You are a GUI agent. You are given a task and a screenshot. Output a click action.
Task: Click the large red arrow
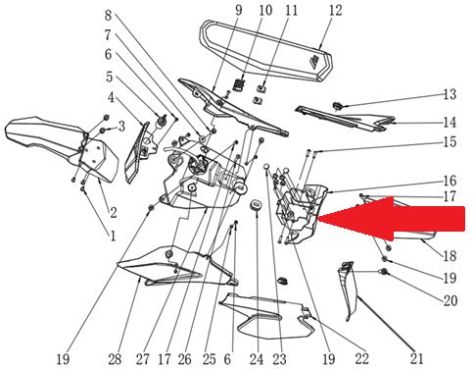(x=392, y=219)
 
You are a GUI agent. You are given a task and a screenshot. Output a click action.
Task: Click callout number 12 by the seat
(x=336, y=11)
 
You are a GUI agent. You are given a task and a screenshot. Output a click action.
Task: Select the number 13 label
(x=450, y=94)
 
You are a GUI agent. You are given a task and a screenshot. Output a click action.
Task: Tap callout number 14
(x=450, y=123)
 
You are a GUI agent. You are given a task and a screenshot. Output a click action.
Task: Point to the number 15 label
(x=450, y=142)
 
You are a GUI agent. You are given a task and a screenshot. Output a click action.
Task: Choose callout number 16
(x=450, y=181)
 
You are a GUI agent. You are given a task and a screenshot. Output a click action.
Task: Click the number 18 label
(x=450, y=255)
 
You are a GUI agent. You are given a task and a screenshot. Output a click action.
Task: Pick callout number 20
(x=450, y=300)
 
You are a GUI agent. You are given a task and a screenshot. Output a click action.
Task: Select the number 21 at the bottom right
(x=416, y=359)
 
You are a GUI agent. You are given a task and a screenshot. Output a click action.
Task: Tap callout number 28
(x=115, y=359)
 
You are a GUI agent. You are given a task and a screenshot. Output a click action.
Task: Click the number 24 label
(x=257, y=359)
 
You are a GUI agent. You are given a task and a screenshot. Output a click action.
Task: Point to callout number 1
(x=113, y=236)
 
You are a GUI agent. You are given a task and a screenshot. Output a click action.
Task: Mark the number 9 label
(x=239, y=10)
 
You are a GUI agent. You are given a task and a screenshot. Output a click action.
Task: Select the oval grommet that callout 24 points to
(x=257, y=206)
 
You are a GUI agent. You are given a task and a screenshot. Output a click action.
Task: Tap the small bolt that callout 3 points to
(x=103, y=131)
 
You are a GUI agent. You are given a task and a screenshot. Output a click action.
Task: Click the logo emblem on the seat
(x=316, y=62)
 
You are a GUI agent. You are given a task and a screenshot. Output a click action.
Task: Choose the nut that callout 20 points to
(x=384, y=272)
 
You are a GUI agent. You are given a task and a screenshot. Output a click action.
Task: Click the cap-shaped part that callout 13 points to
(x=337, y=106)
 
